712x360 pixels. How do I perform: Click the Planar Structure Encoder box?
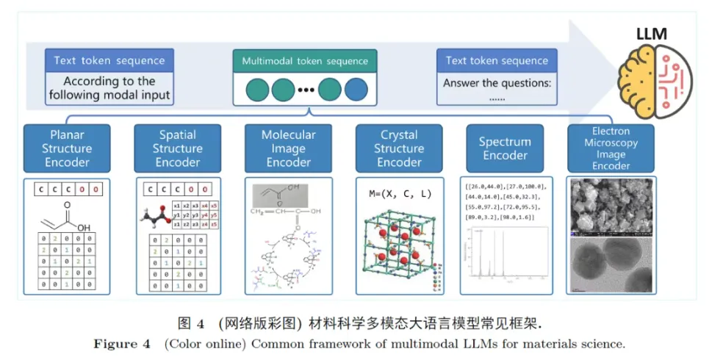point(67,148)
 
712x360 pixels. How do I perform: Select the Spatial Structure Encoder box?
point(178,148)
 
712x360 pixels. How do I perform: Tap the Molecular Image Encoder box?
point(288,148)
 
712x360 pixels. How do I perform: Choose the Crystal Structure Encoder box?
point(399,148)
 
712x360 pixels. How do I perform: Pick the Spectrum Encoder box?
point(505,148)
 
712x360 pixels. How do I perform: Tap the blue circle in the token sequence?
point(356,90)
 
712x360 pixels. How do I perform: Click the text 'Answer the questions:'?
point(497,83)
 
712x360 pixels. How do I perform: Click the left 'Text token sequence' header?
point(109,60)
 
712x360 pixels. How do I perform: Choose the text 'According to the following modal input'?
point(109,88)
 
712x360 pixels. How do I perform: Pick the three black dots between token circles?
point(306,91)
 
